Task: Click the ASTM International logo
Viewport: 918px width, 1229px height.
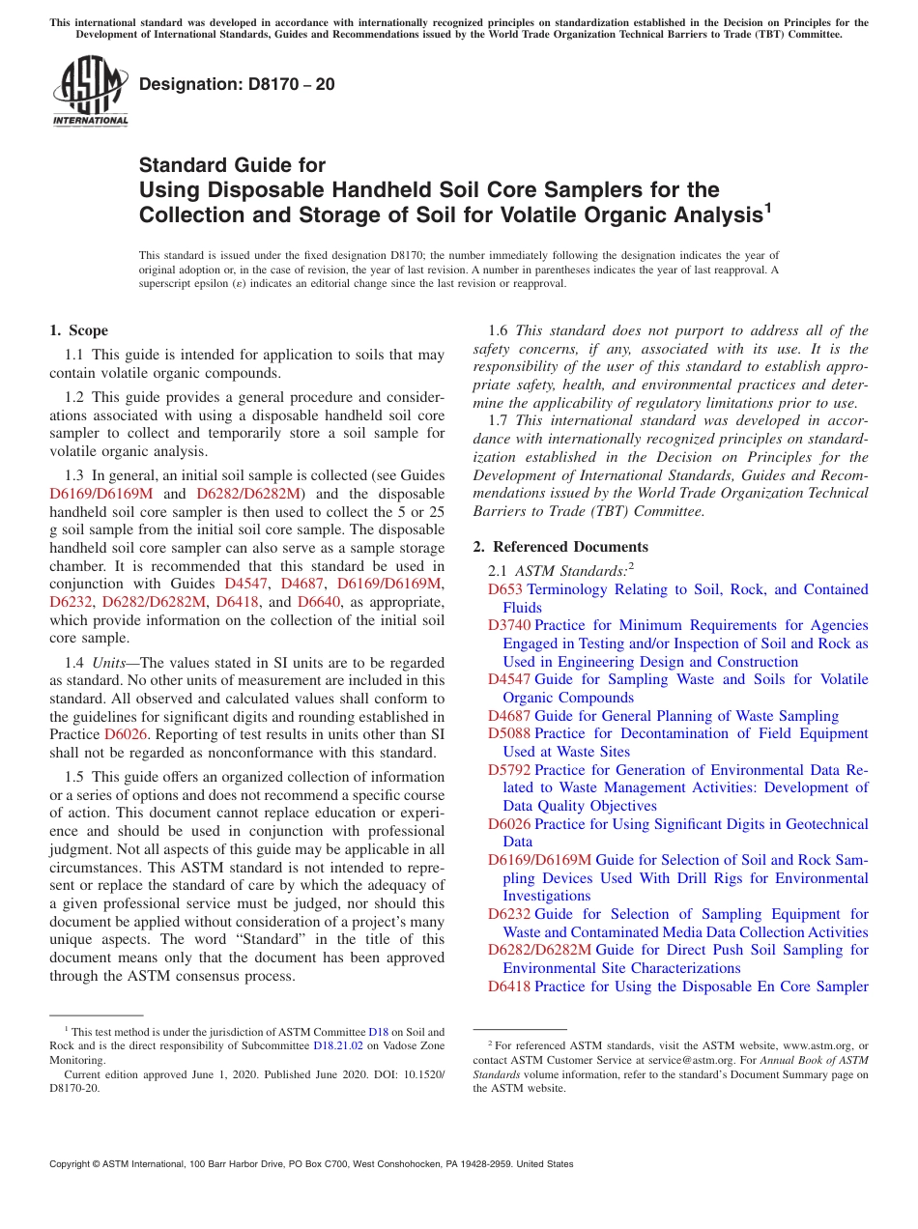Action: [90, 91]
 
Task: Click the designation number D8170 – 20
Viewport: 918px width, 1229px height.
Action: [238, 84]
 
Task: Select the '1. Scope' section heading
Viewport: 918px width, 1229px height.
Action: [79, 331]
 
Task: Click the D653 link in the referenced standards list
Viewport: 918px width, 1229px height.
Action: [505, 589]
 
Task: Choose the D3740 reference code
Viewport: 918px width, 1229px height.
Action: [509, 625]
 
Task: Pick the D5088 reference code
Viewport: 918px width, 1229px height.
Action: [509, 733]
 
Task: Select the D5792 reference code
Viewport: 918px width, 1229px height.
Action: [509, 770]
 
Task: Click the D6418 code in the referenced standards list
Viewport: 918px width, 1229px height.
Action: [509, 986]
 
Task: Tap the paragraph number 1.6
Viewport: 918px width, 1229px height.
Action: [500, 330]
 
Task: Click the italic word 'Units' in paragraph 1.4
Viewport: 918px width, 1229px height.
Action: [110, 663]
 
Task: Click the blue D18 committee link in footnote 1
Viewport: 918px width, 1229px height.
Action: [378, 1032]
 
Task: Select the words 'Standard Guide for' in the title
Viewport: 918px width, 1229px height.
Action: [232, 165]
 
